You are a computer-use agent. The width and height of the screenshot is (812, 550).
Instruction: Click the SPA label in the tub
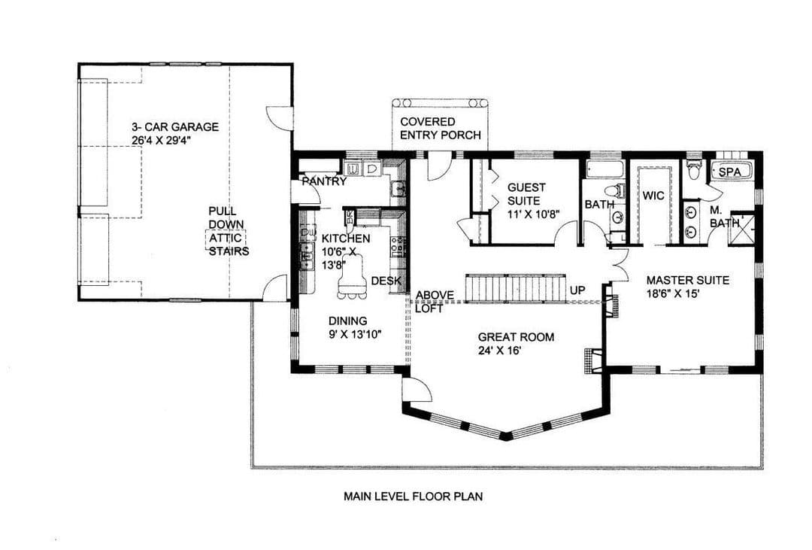click(729, 172)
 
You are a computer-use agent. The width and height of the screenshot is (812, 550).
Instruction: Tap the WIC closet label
click(653, 196)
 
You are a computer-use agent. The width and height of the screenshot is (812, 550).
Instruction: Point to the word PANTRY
click(324, 181)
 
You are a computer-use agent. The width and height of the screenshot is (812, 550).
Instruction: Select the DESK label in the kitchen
click(386, 281)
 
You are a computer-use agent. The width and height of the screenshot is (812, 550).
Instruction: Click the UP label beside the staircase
click(577, 290)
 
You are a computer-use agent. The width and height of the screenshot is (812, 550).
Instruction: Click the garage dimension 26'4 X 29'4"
click(162, 140)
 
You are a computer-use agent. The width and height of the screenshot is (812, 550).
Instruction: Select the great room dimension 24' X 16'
click(499, 351)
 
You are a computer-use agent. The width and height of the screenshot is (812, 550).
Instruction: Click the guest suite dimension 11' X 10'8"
click(533, 214)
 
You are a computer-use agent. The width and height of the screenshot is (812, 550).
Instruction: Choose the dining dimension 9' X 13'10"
click(355, 334)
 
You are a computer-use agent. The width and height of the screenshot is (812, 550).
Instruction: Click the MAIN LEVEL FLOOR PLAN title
click(414, 496)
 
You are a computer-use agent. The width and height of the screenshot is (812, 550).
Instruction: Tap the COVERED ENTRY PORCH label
click(441, 129)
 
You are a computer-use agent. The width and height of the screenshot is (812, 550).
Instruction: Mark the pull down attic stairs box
click(226, 239)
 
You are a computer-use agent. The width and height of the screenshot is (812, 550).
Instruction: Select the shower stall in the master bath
click(742, 229)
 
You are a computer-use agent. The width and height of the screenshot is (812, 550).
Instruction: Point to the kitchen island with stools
click(352, 281)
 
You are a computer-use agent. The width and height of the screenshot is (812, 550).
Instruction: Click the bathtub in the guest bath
click(606, 170)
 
